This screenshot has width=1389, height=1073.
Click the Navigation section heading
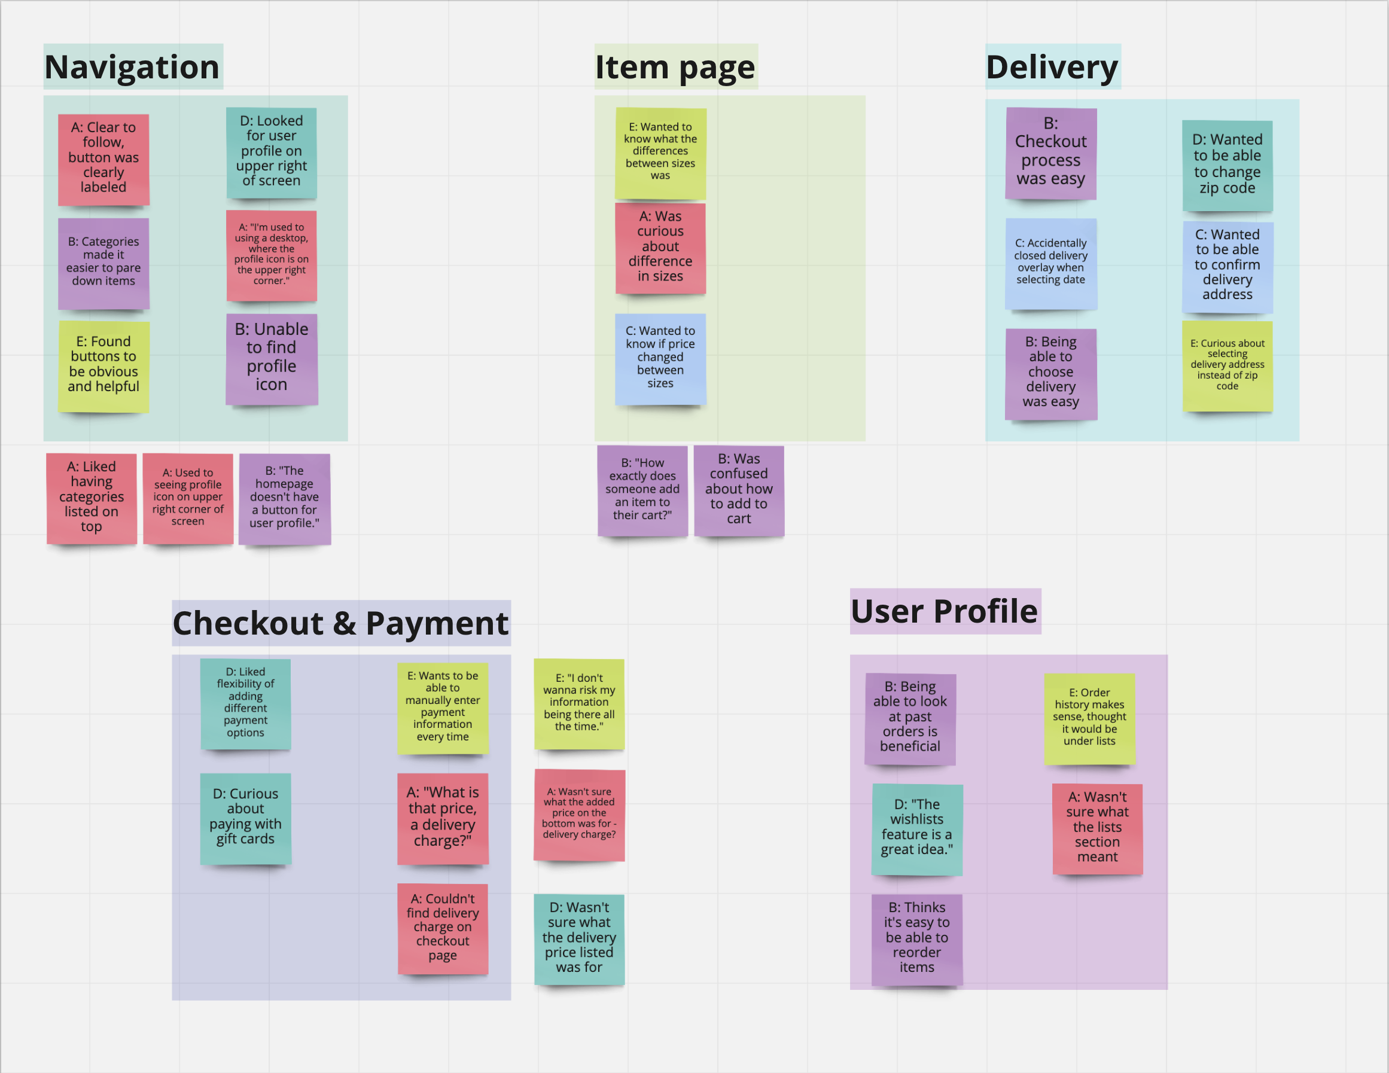(132, 67)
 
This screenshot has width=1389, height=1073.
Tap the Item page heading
(675, 67)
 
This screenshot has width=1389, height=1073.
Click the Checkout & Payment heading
(341, 623)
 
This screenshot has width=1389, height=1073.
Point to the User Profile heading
(945, 611)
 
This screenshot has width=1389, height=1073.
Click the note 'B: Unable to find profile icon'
(272, 359)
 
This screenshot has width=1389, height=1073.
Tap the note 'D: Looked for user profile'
(272, 152)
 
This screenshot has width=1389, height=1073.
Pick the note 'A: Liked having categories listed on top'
(92, 498)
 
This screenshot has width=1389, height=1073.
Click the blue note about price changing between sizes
(660, 358)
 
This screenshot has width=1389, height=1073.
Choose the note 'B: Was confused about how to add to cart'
(738, 490)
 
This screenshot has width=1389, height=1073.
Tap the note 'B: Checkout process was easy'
(1050, 153)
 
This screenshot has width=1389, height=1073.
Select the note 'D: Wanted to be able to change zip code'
(1227, 164)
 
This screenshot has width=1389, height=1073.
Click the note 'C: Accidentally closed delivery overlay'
(1050, 263)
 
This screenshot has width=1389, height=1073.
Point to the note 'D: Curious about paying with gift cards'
(245, 818)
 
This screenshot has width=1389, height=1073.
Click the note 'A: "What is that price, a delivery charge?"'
(443, 818)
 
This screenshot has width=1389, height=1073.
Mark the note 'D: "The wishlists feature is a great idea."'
(916, 828)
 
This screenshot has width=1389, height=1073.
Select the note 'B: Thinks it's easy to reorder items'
(916, 938)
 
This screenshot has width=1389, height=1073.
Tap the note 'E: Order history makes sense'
(1089, 718)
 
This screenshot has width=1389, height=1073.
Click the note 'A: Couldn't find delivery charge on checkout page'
(443, 928)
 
